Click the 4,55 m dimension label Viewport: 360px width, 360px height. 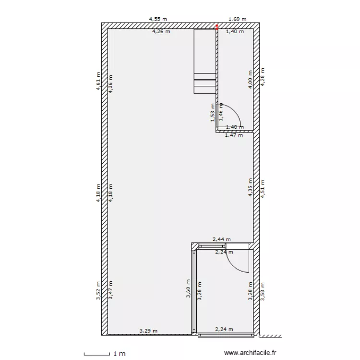click(158, 20)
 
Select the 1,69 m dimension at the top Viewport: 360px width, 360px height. click(237, 20)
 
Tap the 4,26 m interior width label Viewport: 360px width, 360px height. click(161, 32)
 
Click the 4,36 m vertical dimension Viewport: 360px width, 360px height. click(111, 84)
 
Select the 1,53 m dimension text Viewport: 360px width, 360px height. click(213, 112)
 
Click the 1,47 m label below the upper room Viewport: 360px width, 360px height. click(234, 135)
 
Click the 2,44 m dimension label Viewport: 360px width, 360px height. click(222, 239)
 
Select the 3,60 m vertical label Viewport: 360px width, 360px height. click(188, 289)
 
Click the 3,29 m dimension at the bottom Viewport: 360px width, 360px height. click(148, 330)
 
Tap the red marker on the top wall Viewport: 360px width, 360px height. click(216, 27)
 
